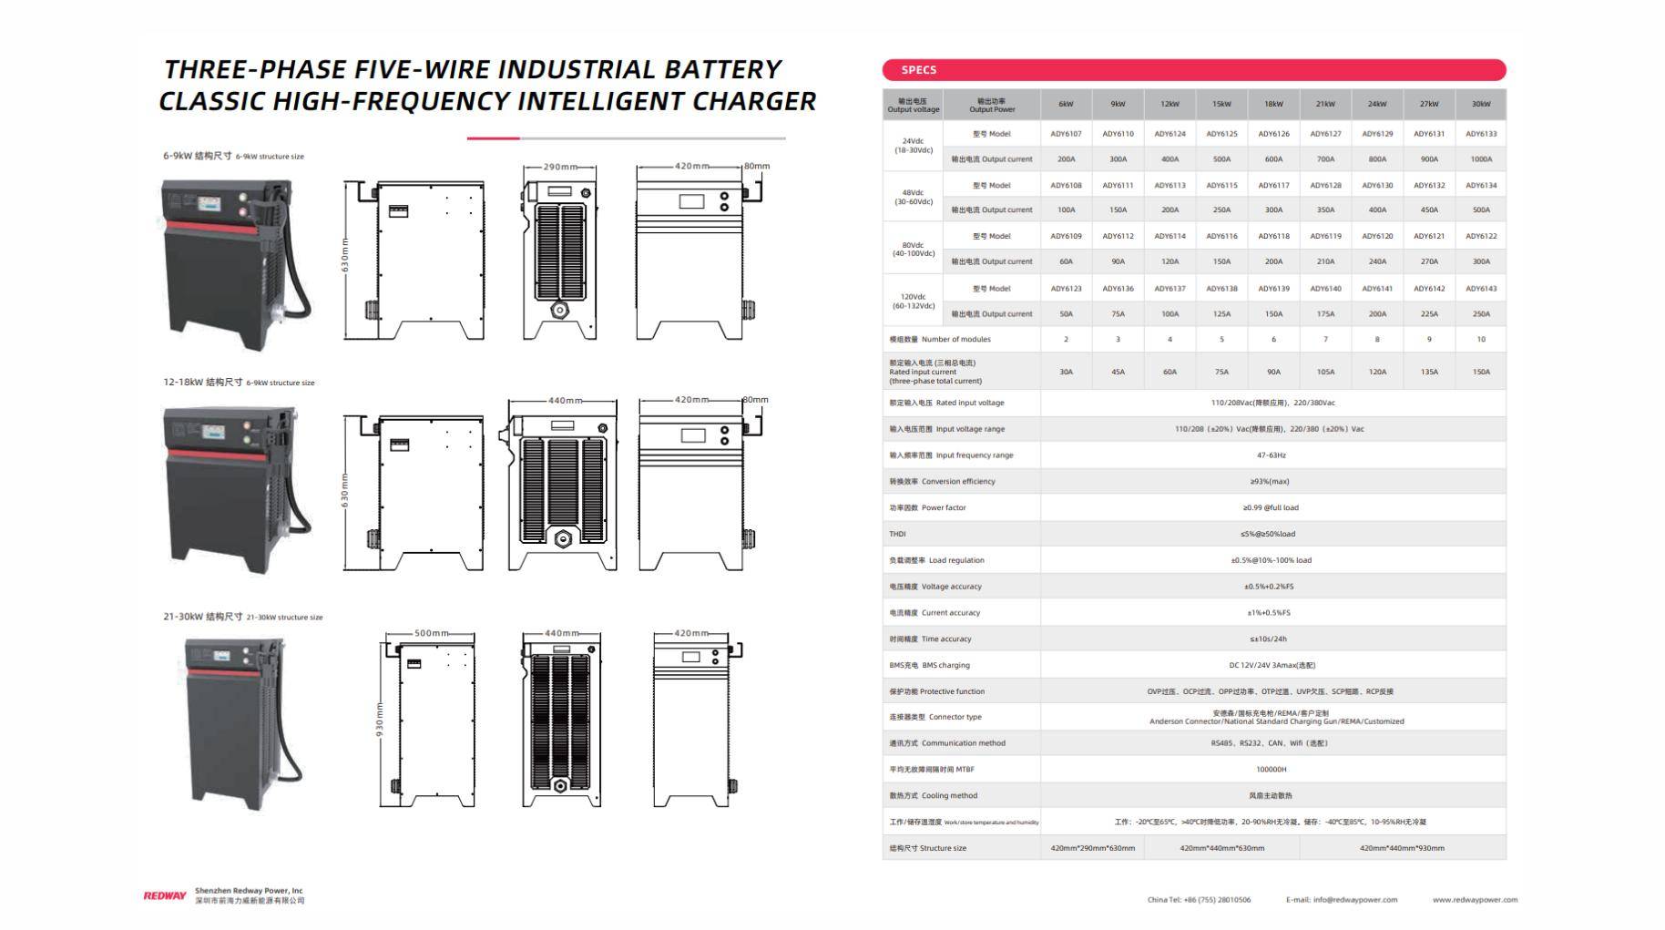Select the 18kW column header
(x=1273, y=104)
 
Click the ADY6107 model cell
(x=1066, y=134)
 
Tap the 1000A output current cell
(x=1481, y=159)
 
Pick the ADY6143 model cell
(x=1481, y=289)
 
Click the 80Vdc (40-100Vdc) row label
(x=913, y=249)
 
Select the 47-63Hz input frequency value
(x=1272, y=455)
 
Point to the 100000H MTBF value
(x=1272, y=770)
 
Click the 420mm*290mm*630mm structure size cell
(x=1092, y=848)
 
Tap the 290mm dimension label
(x=560, y=168)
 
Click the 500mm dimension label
(x=431, y=633)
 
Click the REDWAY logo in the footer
(x=165, y=896)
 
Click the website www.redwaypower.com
(x=1475, y=900)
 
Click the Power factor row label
(x=943, y=508)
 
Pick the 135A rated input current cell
(x=1429, y=372)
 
